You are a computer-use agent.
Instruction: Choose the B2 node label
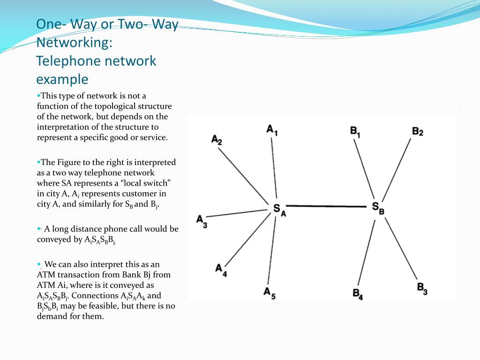[418, 131]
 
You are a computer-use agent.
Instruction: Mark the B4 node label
[358, 294]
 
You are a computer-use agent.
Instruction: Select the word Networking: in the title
[75, 43]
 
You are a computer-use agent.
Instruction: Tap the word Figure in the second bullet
[69, 163]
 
